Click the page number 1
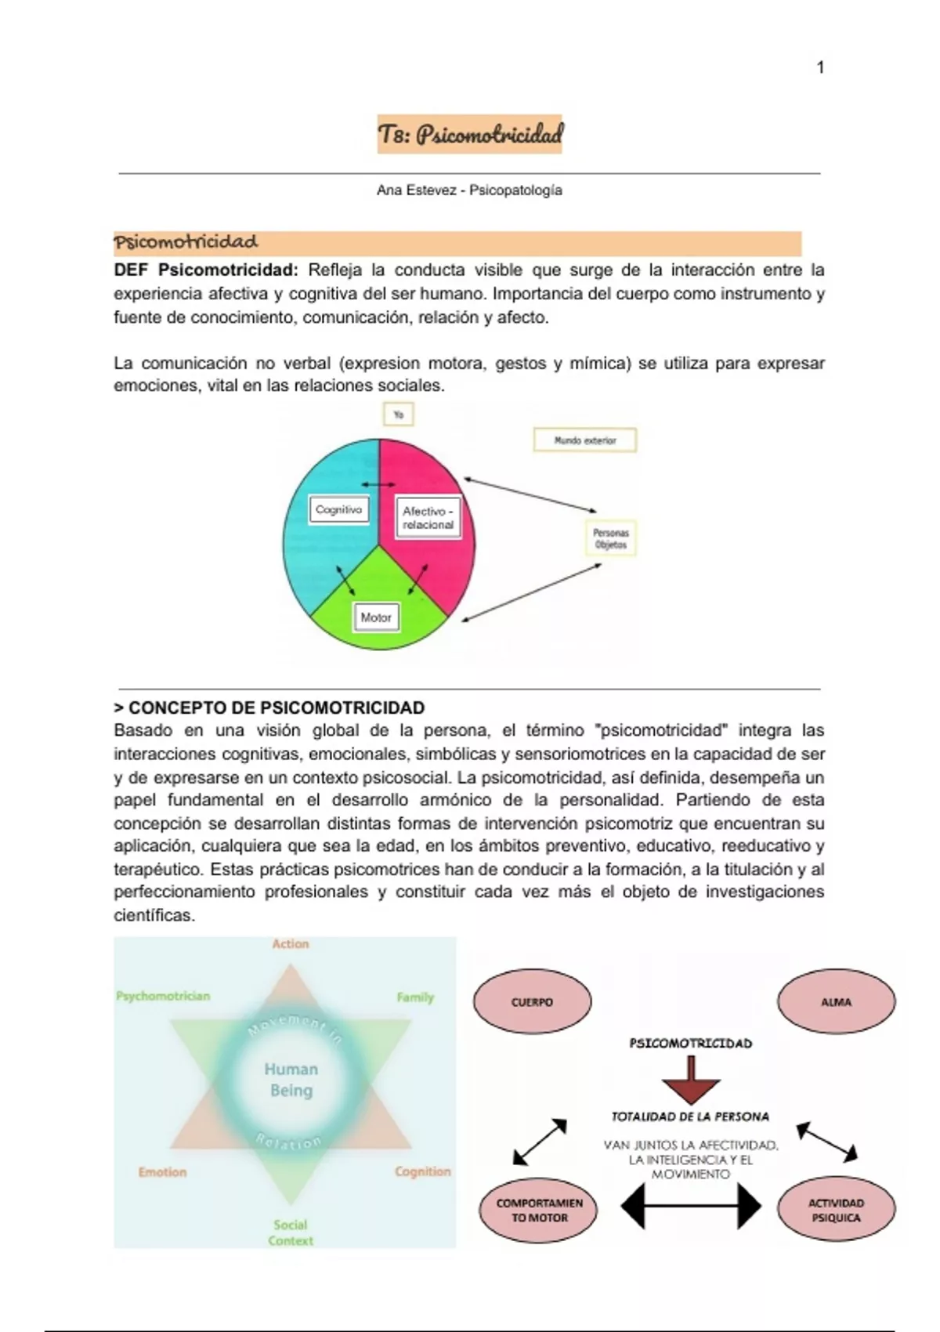pyautogui.click(x=819, y=68)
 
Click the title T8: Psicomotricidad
pyautogui.click(x=470, y=134)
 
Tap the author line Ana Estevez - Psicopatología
pyautogui.click(x=469, y=190)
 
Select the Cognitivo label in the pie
pyautogui.click(x=338, y=510)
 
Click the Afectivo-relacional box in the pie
pyautogui.click(x=428, y=518)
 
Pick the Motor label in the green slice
pyautogui.click(x=376, y=617)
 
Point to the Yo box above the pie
pyautogui.click(x=398, y=414)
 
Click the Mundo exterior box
pyautogui.click(x=585, y=440)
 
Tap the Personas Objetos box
pyautogui.click(x=611, y=538)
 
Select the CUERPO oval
pyautogui.click(x=532, y=1002)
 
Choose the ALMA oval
pyautogui.click(x=836, y=1002)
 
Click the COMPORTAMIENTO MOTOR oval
pyautogui.click(x=539, y=1211)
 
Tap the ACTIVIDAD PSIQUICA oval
pyautogui.click(x=836, y=1211)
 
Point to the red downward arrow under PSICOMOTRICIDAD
pyautogui.click(x=691, y=1080)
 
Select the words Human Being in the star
pyautogui.click(x=291, y=1080)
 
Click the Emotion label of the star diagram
pyautogui.click(x=162, y=1172)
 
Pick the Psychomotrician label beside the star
pyautogui.click(x=163, y=997)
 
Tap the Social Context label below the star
pyautogui.click(x=291, y=1232)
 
